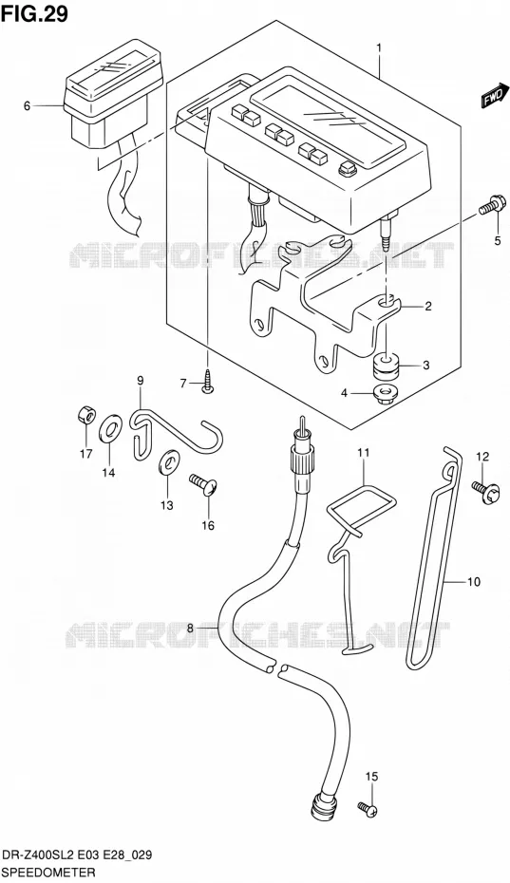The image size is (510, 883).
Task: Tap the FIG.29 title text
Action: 34,14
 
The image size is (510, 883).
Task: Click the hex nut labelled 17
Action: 86,416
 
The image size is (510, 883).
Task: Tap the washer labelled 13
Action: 168,461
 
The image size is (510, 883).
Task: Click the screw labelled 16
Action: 204,484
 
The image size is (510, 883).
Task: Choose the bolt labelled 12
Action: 485,488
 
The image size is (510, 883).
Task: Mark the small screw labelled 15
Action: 367,809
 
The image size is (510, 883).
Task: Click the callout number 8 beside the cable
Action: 190,628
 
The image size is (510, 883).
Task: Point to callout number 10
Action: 474,581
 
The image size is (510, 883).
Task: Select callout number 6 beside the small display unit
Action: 27,105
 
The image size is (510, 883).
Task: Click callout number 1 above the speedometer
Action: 379,48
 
